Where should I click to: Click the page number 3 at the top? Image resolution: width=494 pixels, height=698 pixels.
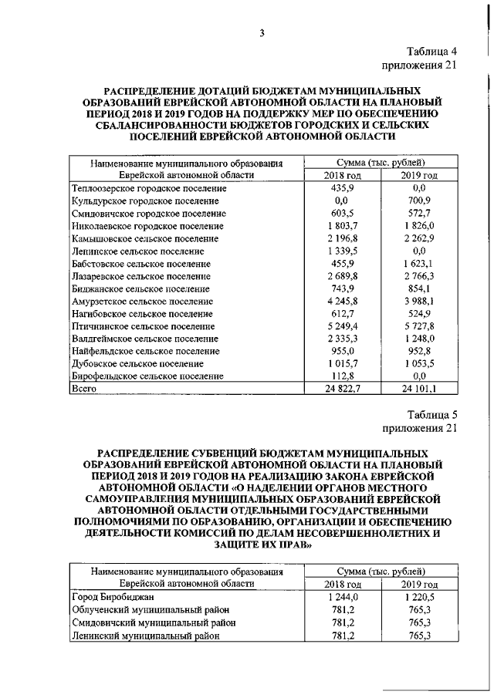pyautogui.click(x=262, y=32)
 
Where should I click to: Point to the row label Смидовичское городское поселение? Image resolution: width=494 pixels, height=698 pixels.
pyautogui.click(x=148, y=213)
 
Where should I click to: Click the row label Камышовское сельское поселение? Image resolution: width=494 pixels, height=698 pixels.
pyautogui.click(x=143, y=238)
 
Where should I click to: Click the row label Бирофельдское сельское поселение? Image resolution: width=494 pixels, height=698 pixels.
pyautogui.click(x=147, y=376)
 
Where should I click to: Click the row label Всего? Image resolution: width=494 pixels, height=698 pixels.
pyautogui.click(x=83, y=389)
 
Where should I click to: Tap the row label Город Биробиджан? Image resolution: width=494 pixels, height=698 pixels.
pyautogui.click(x=113, y=597)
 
